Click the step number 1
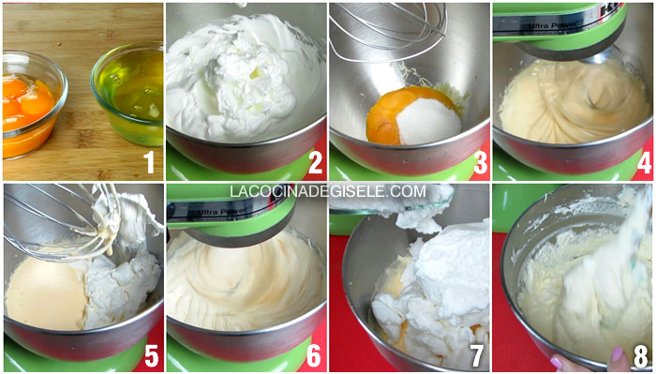pyautogui.click(x=150, y=162)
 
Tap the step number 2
pyautogui.click(x=315, y=162)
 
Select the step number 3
pyautogui.click(x=480, y=162)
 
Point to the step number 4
pyautogui.click(x=645, y=162)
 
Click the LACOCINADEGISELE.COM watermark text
pyautogui.click(x=328, y=191)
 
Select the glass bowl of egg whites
pyautogui.click(x=127, y=93)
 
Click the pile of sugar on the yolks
pyautogui.click(x=428, y=121)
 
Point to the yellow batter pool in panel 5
pyautogui.click(x=46, y=292)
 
